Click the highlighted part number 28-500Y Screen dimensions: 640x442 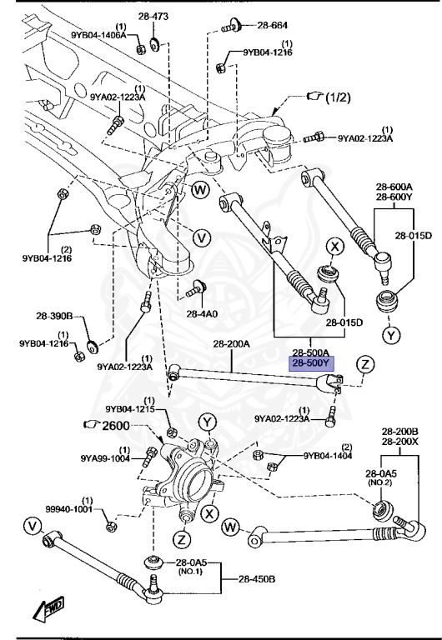(310, 363)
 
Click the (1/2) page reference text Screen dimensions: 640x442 (339, 97)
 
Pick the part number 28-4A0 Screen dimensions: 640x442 (203, 314)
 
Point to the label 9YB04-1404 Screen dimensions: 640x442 (328, 456)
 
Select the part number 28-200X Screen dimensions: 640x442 (399, 442)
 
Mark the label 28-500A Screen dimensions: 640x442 (310, 352)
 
